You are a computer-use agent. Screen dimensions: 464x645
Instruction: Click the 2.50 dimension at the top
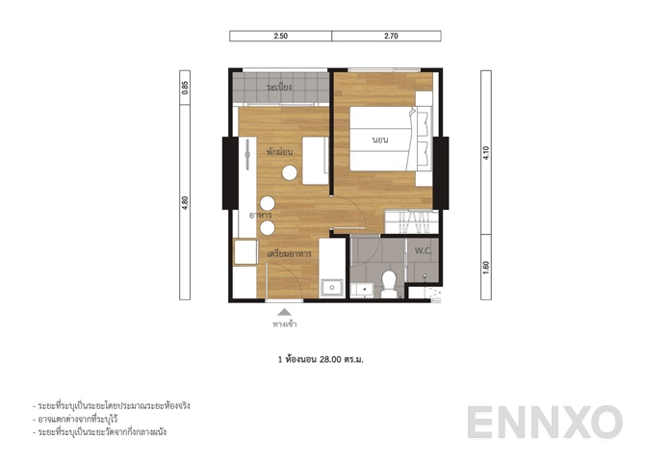[280, 37]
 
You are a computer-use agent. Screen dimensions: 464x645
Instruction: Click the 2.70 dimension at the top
[386, 37]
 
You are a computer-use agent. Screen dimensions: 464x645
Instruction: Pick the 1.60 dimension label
[486, 266]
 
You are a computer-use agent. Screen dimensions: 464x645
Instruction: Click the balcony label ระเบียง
[280, 87]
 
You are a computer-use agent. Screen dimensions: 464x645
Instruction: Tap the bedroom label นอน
[379, 141]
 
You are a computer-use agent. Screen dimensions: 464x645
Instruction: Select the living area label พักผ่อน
[280, 152]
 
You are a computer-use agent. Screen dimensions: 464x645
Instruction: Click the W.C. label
[422, 251]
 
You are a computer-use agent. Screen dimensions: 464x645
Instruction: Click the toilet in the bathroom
[390, 282]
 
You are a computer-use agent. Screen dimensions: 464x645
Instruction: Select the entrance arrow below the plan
[283, 312]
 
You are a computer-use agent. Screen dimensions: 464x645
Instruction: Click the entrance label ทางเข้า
[283, 324]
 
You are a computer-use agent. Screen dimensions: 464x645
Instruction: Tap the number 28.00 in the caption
[332, 359]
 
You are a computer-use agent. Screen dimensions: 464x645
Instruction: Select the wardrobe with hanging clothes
[408, 220]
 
